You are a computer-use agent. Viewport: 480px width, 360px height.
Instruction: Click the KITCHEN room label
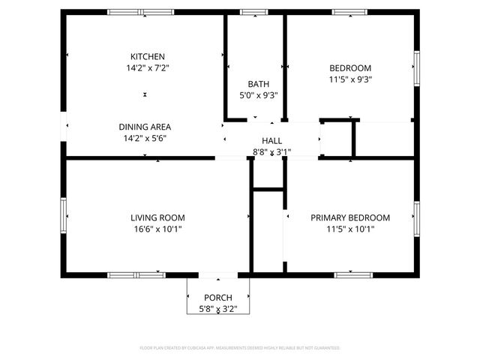click(148, 57)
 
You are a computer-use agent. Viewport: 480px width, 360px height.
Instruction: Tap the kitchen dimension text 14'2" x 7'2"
click(148, 67)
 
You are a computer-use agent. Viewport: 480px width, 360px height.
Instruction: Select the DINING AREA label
click(145, 127)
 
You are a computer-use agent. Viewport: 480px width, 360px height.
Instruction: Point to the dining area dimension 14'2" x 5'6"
click(145, 138)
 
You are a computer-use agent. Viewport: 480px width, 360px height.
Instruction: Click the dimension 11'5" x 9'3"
click(350, 78)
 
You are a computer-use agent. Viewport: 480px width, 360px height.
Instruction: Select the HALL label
click(271, 141)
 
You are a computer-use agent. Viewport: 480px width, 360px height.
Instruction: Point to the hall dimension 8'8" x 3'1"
click(271, 152)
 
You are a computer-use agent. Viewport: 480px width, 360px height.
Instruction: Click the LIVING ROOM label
click(157, 218)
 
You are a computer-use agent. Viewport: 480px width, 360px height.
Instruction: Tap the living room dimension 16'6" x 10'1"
click(157, 229)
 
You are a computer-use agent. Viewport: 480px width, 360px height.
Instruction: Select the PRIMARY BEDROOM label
click(350, 218)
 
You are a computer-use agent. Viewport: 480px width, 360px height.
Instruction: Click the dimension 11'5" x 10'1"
click(350, 229)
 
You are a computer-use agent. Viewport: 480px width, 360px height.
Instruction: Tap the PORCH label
click(217, 298)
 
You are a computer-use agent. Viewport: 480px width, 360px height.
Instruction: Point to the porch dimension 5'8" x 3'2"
click(217, 308)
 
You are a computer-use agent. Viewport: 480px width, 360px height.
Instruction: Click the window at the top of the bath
click(253, 12)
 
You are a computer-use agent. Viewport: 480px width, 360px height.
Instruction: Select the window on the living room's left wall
click(64, 217)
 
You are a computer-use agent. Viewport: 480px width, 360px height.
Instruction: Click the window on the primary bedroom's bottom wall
click(353, 275)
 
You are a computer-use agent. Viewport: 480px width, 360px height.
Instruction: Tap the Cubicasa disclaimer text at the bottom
click(240, 348)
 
